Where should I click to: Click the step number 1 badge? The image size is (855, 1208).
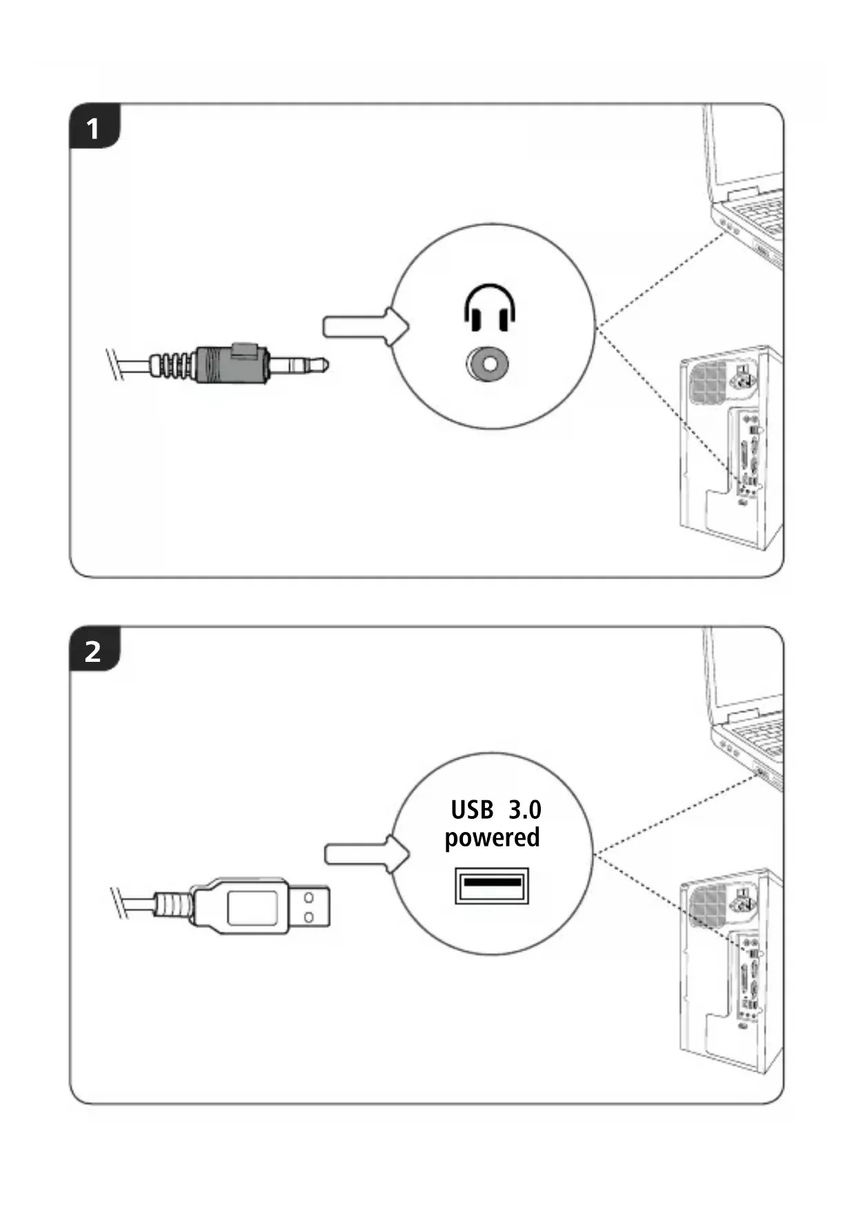(94, 128)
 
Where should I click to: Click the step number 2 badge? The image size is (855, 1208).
(94, 651)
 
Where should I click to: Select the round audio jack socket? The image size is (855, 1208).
(488, 363)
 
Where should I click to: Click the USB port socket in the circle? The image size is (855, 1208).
(491, 884)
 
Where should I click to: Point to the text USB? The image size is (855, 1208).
(472, 810)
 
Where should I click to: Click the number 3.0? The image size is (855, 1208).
(525, 810)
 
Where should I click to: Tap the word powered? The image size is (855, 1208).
(492, 838)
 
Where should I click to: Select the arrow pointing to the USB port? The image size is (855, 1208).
(366, 854)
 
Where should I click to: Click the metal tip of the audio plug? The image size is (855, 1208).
(300, 363)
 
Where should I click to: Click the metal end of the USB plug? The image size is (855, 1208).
(308, 907)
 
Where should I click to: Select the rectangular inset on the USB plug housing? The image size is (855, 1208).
(253, 907)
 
